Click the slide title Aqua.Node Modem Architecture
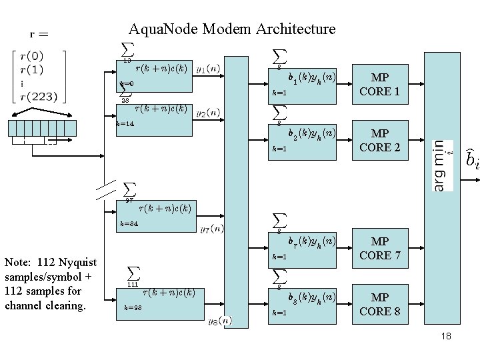[x=232, y=29]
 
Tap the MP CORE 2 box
[x=379, y=140]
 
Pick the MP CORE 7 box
[x=379, y=248]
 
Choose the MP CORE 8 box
[x=379, y=304]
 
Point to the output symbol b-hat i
[x=471, y=159]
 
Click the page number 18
[x=446, y=336]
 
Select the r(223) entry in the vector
[x=39, y=96]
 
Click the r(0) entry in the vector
[x=33, y=57]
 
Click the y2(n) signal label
[x=208, y=113]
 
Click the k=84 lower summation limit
[x=129, y=224]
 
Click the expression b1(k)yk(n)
[x=311, y=78]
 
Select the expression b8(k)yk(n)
[x=311, y=298]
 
